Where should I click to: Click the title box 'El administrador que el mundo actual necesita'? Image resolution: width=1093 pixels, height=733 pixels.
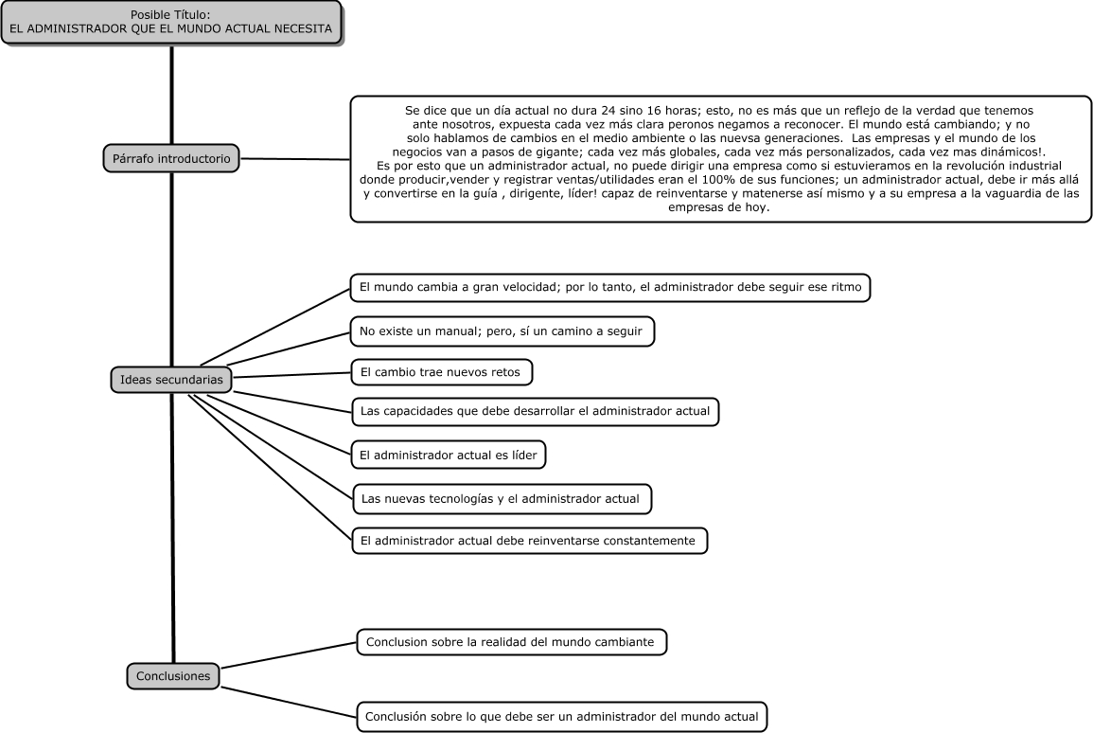click(x=171, y=23)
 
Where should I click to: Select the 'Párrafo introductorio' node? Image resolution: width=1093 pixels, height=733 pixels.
click(x=171, y=158)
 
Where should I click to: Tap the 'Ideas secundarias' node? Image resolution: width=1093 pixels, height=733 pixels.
click(x=171, y=380)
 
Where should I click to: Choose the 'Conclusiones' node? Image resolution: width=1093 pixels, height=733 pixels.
click(x=173, y=676)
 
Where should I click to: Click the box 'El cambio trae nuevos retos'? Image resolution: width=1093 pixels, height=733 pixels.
click(x=441, y=372)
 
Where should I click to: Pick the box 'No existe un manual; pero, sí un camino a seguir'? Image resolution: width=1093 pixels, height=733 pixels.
click(x=502, y=331)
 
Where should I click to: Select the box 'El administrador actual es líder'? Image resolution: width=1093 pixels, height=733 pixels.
click(x=449, y=455)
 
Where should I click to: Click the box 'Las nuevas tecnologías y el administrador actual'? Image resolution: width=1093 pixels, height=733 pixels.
click(x=502, y=499)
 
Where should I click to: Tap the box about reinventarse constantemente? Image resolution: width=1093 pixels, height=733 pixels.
click(x=529, y=541)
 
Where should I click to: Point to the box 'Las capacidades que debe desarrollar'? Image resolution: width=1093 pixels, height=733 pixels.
click(x=535, y=411)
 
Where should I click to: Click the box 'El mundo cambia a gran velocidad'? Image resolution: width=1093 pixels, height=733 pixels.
click(x=610, y=287)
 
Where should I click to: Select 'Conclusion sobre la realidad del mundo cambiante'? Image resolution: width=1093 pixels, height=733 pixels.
click(x=512, y=642)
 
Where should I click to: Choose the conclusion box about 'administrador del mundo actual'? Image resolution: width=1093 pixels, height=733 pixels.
click(x=562, y=716)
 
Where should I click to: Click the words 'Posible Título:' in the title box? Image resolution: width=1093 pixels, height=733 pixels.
click(x=170, y=14)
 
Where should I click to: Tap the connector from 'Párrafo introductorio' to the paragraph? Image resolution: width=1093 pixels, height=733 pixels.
click(x=295, y=159)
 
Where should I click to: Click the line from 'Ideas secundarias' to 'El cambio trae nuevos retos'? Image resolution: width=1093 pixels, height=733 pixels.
click(x=291, y=375)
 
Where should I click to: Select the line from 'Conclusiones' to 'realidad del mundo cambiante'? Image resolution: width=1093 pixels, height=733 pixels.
click(x=289, y=655)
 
